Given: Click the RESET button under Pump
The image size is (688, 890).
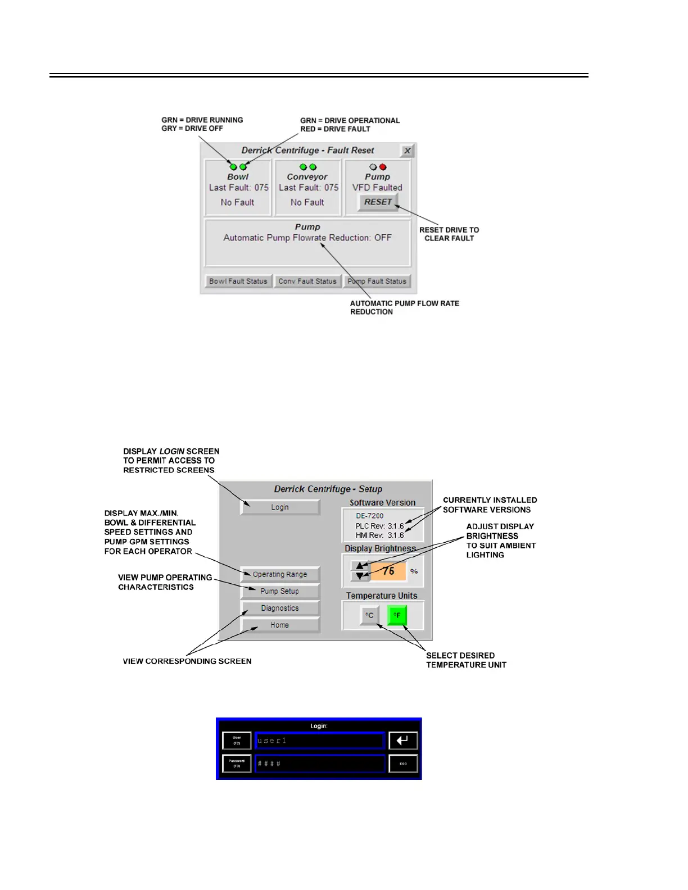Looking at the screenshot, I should pos(378,202).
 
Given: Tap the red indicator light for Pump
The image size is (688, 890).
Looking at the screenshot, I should pos(383,167).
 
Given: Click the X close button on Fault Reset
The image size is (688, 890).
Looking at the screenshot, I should pos(408,151).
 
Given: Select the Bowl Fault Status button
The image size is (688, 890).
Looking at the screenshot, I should pos(238,281).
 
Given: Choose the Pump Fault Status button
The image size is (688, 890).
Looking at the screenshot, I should pos(377,281).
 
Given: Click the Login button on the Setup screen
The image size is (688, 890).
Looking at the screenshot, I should pos(280,507).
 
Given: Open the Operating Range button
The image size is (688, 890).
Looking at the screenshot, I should pos(280,574).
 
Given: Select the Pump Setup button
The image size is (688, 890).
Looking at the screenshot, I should pos(280,591).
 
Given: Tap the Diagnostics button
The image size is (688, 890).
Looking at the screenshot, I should pos(280,608).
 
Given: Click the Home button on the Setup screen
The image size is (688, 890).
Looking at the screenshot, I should pos(280,625).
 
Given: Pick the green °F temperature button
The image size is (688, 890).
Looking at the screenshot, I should pos(397,615).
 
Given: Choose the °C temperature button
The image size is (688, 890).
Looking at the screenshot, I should pos(369,615).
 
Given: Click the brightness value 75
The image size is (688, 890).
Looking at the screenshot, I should pos(388,571).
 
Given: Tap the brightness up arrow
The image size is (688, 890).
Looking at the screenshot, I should pos(360,565).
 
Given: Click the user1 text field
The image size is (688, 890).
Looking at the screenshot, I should pos(319,741).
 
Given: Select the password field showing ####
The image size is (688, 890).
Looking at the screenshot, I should pos(319,764).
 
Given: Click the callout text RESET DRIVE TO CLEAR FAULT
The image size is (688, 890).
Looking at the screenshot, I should pos(449,234).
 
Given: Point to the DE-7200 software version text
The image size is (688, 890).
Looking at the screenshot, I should pos(370,516).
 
